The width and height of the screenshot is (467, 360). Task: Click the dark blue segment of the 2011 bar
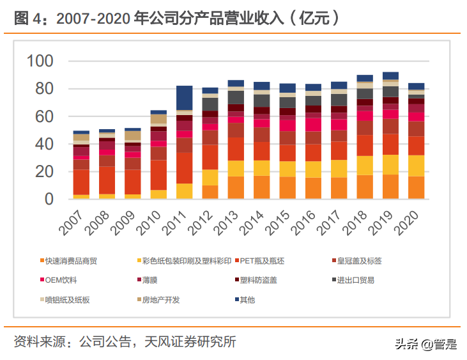coord(185,98)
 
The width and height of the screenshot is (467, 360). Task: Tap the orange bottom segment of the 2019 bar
coord(391,187)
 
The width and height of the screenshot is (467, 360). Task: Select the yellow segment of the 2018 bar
coord(365,165)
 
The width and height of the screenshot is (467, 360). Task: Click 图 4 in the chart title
coord(29,19)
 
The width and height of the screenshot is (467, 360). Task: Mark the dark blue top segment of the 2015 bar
coord(287,88)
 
